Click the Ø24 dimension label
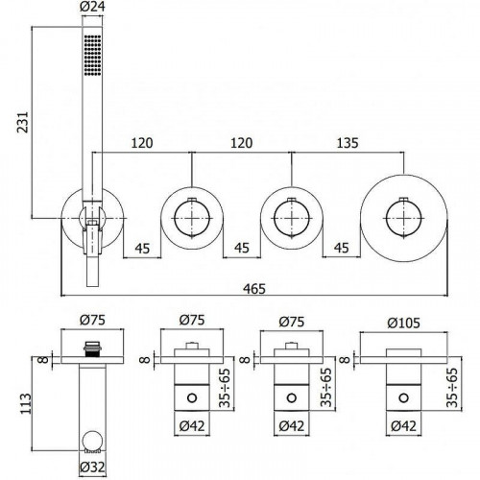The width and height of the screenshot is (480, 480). click(92, 7)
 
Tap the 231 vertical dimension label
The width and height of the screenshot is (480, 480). click(23, 122)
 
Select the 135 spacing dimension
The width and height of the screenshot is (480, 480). click(348, 143)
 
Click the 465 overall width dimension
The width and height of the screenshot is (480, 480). click(254, 289)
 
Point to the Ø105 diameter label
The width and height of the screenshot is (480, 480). click(403, 323)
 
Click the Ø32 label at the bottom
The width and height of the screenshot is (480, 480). click(92, 468)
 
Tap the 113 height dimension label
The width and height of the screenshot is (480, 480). click(26, 404)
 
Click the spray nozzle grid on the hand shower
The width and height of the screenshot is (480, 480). click(93, 55)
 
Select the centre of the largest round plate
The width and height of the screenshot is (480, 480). click(403, 219)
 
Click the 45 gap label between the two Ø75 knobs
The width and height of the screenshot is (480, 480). click(242, 248)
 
